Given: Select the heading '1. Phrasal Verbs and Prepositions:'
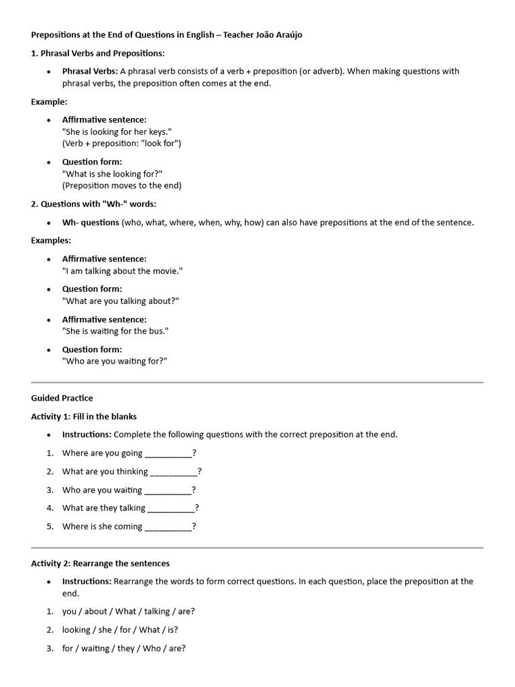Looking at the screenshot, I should [98, 53].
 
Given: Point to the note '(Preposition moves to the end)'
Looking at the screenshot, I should [122, 186].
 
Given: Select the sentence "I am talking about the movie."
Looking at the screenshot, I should [122, 271].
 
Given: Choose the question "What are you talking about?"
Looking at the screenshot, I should [121, 301].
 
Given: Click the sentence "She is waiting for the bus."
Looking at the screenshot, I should [115, 331].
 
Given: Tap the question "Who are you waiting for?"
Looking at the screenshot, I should [115, 361].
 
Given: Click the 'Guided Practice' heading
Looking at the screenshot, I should [62, 398].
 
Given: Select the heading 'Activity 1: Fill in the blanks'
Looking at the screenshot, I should [84, 417].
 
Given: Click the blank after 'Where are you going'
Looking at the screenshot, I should [168, 454].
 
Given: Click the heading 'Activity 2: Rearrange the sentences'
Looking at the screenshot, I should [101, 564].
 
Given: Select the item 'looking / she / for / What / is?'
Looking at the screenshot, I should [120, 630].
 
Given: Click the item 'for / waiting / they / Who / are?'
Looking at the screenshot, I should [124, 649].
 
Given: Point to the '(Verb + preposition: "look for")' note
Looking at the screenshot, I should [122, 144].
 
